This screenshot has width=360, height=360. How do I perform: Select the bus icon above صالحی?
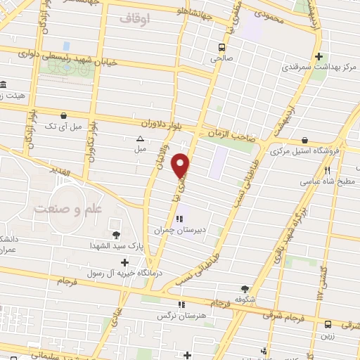pos(222,48)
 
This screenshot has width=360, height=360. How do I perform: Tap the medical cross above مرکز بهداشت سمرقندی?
pos(319,56)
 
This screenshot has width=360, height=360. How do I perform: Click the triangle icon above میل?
pos(139,139)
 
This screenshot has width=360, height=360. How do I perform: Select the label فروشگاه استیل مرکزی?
pos(307,150)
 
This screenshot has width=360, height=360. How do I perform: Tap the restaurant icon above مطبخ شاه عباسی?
pos(328,169)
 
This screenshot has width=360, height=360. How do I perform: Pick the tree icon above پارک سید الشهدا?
pos(116,235)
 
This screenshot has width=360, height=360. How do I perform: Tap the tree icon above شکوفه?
pos(245,288)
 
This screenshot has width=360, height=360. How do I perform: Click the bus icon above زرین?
pos(328,324)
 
